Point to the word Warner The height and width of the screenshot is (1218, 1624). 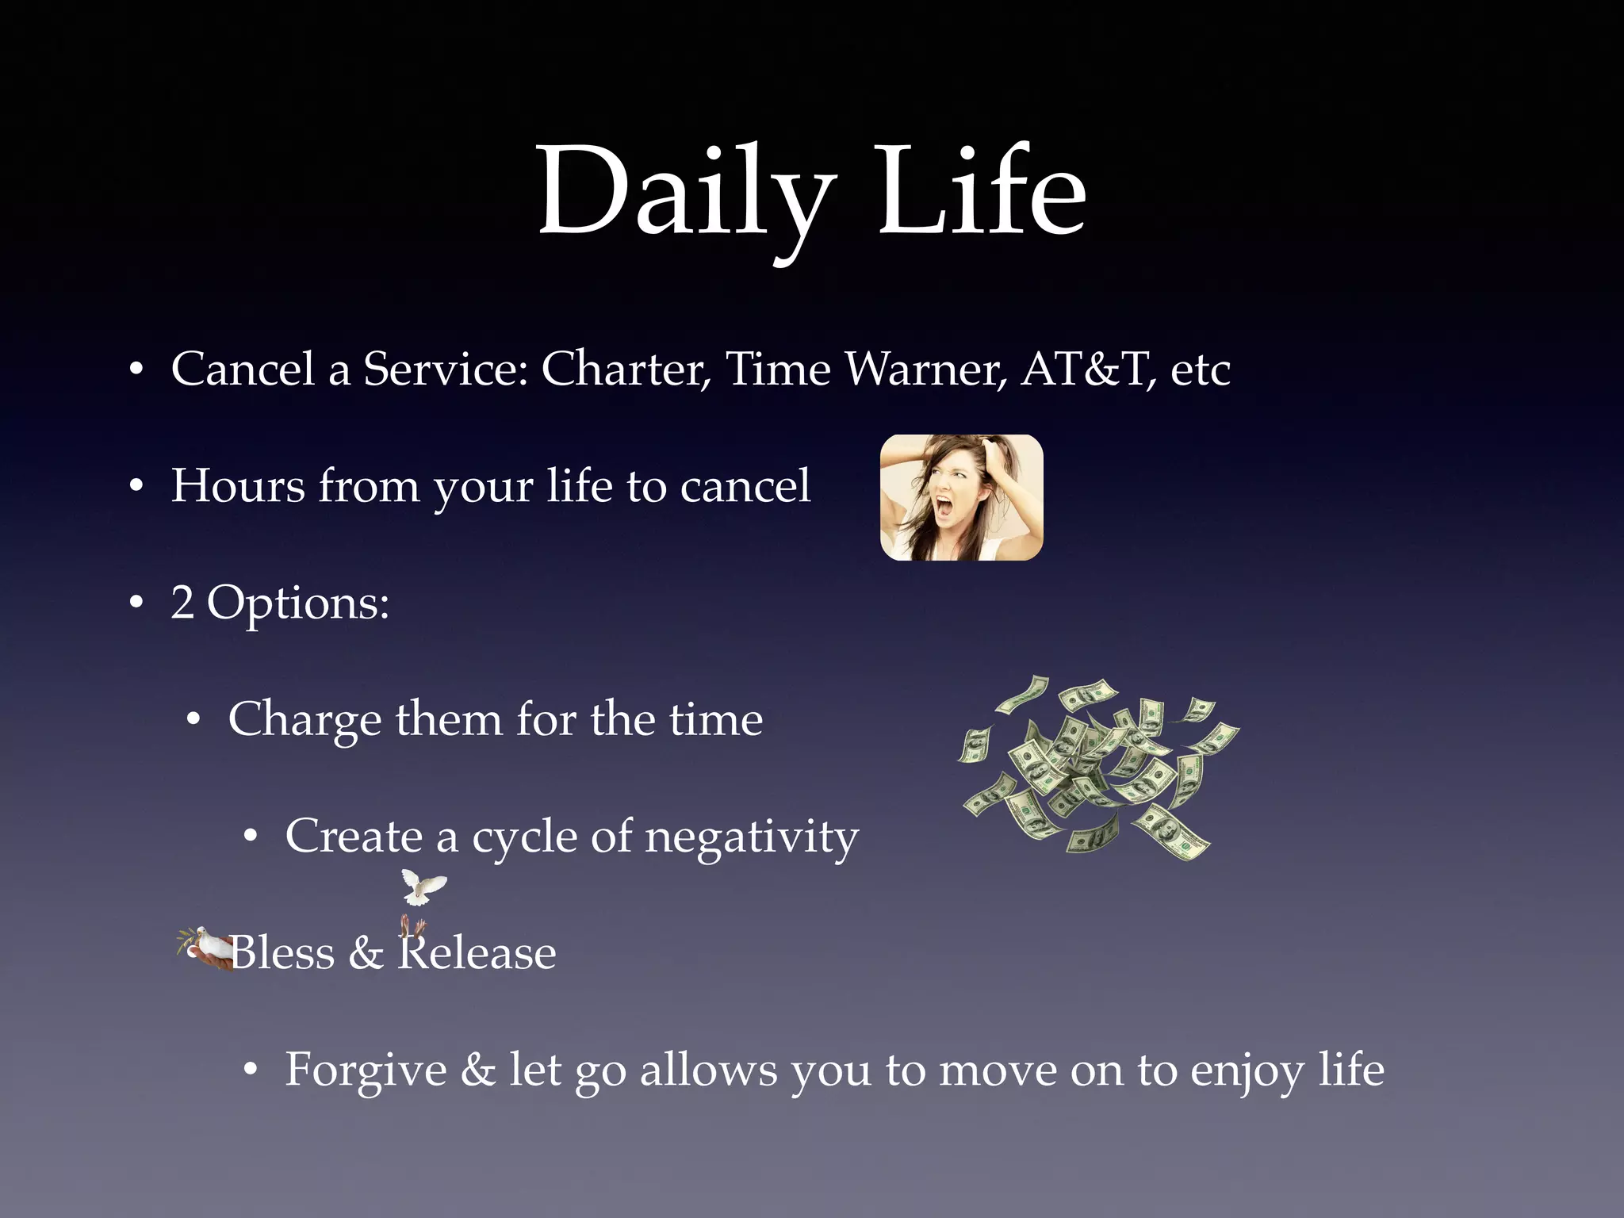tap(925, 370)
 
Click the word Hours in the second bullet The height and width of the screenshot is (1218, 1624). tap(238, 485)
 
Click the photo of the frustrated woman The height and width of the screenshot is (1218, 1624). tap(961, 497)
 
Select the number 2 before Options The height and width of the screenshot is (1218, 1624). tap(182, 603)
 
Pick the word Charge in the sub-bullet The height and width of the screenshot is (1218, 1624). tap(304, 720)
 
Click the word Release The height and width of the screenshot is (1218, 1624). tap(477, 953)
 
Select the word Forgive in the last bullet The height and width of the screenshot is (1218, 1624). tap(366, 1071)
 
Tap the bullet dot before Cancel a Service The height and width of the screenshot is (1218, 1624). tap(136, 370)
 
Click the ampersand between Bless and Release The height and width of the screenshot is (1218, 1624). tap(366, 953)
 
